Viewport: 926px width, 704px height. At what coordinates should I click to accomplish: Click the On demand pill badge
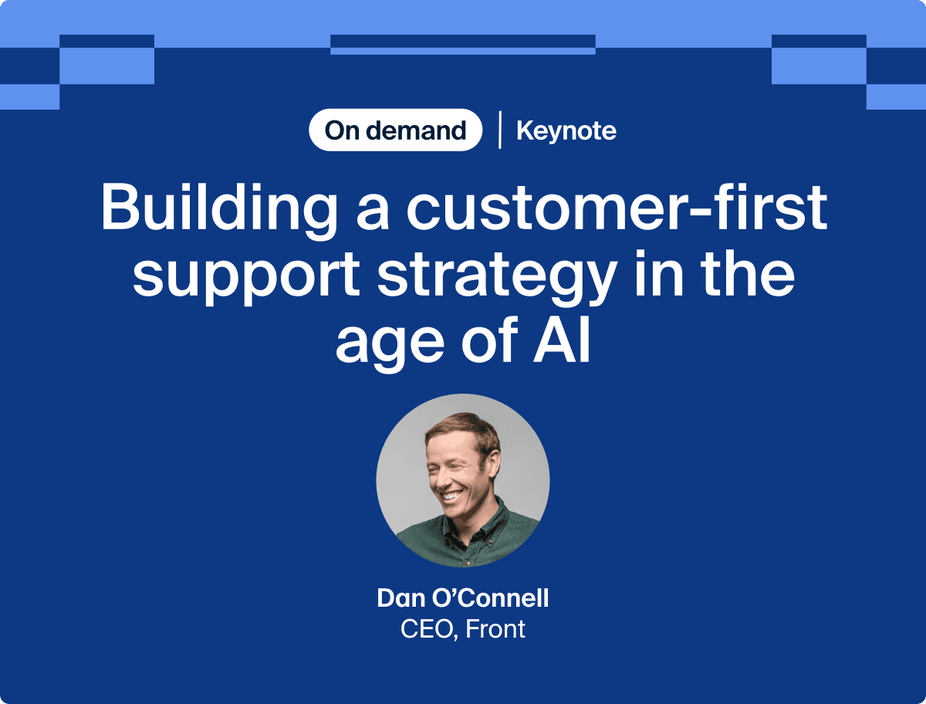[x=395, y=130]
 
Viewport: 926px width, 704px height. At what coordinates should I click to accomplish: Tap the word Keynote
[x=566, y=130]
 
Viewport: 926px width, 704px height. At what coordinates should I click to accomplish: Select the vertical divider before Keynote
[x=499, y=130]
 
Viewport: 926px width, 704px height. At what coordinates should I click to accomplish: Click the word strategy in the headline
[x=494, y=276]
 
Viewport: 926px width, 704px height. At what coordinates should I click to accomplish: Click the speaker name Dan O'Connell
[x=463, y=597]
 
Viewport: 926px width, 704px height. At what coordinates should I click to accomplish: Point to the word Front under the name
[x=496, y=628]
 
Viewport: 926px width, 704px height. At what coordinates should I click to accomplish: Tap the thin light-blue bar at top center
[x=463, y=51]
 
